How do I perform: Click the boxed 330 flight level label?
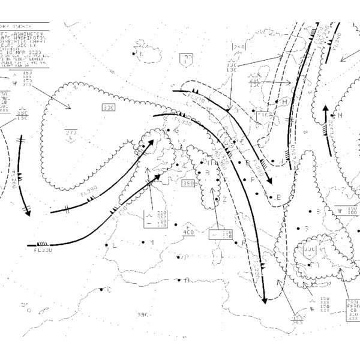click(109, 107)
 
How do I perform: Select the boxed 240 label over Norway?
click(239, 47)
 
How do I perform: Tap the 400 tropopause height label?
click(188, 232)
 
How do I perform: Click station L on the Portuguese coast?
click(106, 245)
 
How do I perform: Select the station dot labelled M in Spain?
click(143, 242)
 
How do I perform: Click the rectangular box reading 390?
click(188, 184)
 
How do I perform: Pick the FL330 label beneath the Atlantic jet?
click(43, 250)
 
